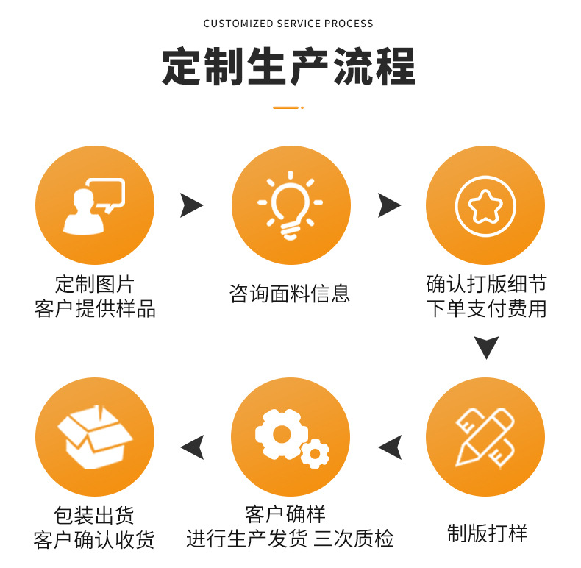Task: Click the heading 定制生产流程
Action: pyautogui.click(x=288, y=67)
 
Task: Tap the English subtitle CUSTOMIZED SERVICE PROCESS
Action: pyautogui.click(x=288, y=24)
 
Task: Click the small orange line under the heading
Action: pyautogui.click(x=288, y=107)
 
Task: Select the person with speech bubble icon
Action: pyautogui.click(x=94, y=205)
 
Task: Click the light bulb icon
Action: pyautogui.click(x=290, y=205)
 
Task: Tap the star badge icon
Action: pyautogui.click(x=485, y=205)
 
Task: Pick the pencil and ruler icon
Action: pyautogui.click(x=485, y=438)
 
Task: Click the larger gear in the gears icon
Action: pyautogui.click(x=280, y=433)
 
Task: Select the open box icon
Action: pyautogui.click(x=94, y=438)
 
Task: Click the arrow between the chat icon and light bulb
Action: pyautogui.click(x=191, y=205)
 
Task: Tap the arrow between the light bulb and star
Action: pyautogui.click(x=389, y=205)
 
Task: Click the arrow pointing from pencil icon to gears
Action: pyautogui.click(x=390, y=446)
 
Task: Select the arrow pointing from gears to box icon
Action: pyautogui.click(x=192, y=446)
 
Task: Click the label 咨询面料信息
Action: pyautogui.click(x=290, y=294)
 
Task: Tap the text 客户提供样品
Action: pyautogui.click(x=95, y=308)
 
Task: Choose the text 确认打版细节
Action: pyautogui.click(x=486, y=284)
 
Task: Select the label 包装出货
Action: pyautogui.click(x=94, y=515)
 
